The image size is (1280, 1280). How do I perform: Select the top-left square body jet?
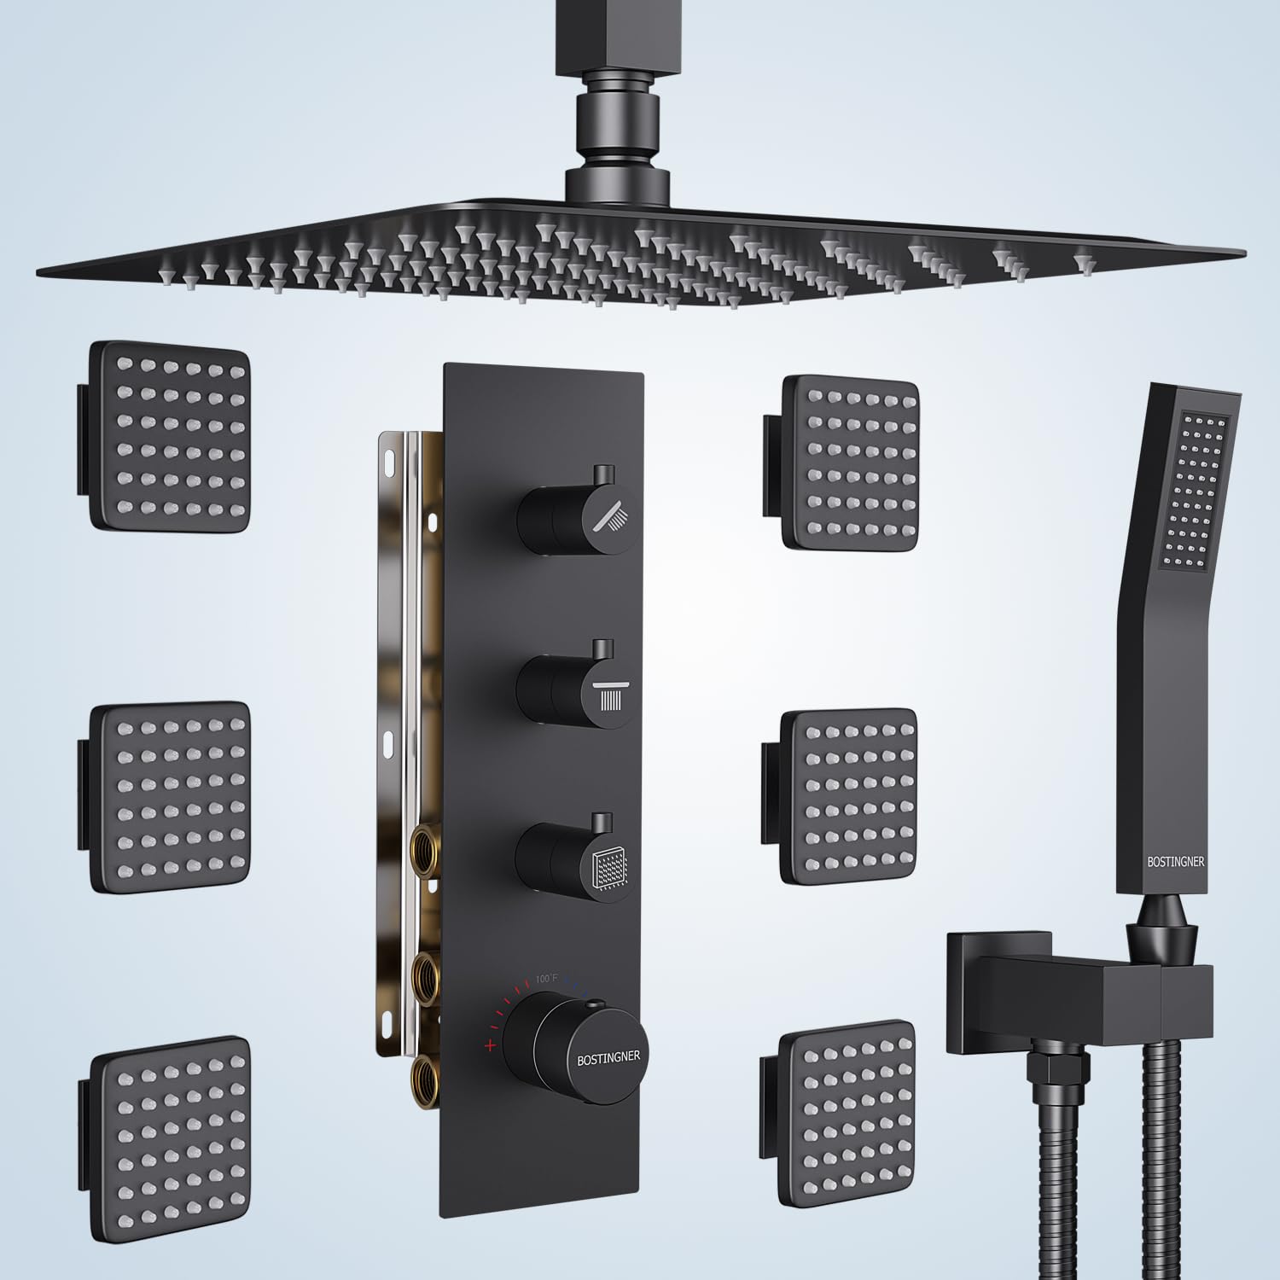point(169,437)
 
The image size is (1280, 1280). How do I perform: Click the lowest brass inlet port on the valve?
point(424,1072)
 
